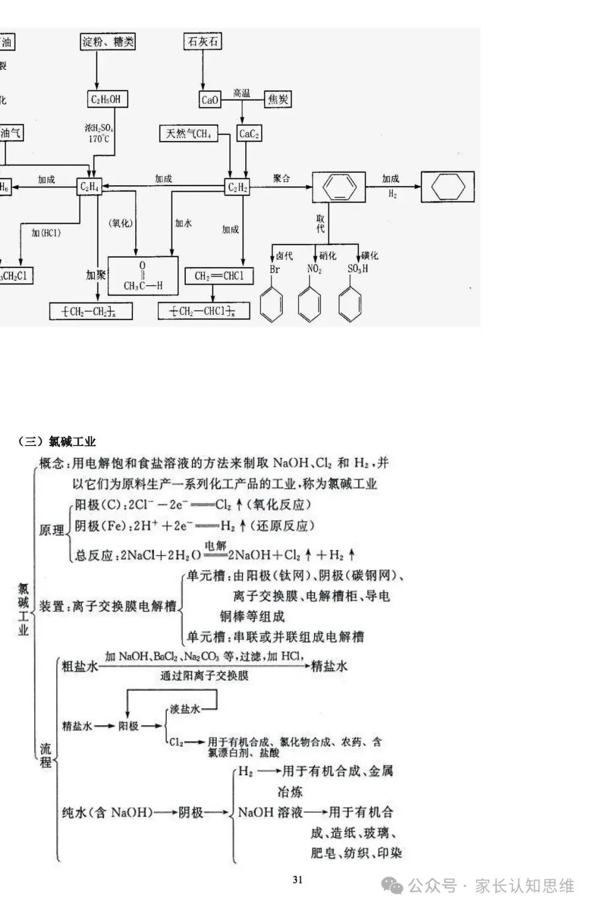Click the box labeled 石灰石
(x=203, y=41)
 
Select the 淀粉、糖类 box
(x=108, y=41)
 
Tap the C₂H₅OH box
(x=106, y=99)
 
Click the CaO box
(x=210, y=99)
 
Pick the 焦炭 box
(x=278, y=99)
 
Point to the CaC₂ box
(x=249, y=134)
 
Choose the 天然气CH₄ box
(x=189, y=134)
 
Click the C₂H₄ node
(x=90, y=187)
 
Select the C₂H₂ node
(x=238, y=187)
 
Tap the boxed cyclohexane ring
(x=447, y=187)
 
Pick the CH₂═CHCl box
(x=219, y=276)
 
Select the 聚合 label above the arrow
(x=281, y=179)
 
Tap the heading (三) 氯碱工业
(x=57, y=442)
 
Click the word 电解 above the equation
(x=216, y=546)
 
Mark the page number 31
(x=298, y=880)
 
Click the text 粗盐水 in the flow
(x=80, y=667)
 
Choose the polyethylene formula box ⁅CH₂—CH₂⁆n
(x=91, y=312)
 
